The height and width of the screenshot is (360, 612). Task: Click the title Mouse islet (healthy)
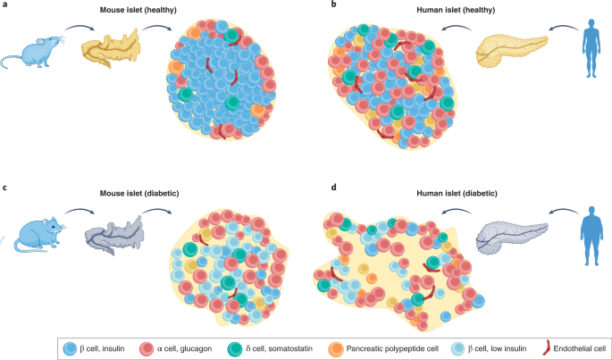138,11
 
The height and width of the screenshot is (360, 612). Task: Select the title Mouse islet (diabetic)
139,193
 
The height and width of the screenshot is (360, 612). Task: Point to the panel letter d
334,188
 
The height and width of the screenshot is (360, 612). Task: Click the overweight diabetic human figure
593,236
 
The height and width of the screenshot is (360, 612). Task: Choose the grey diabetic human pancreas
512,236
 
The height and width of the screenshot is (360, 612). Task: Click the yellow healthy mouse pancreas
111,49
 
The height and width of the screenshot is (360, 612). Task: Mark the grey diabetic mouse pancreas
114,235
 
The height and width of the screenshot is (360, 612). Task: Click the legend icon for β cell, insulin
70,348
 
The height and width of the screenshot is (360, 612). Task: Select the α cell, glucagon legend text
184,348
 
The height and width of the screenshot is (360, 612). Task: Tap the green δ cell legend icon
235,348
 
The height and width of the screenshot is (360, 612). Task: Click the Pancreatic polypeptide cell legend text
392,348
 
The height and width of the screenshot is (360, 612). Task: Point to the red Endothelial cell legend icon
547,347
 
